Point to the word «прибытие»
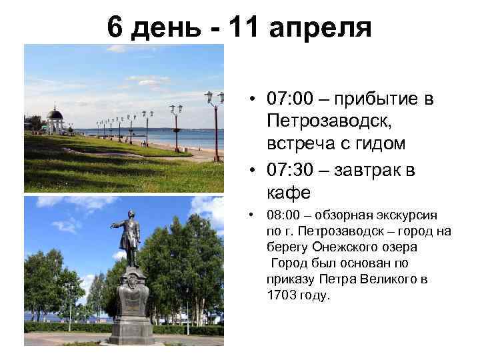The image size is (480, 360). [x=381, y=100]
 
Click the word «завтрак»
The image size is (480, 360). [x=368, y=171]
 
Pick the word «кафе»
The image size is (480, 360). [x=288, y=193]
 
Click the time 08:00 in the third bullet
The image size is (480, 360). [x=281, y=216]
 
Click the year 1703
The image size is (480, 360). [x=281, y=295]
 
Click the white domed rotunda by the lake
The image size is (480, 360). [x=55, y=119]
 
